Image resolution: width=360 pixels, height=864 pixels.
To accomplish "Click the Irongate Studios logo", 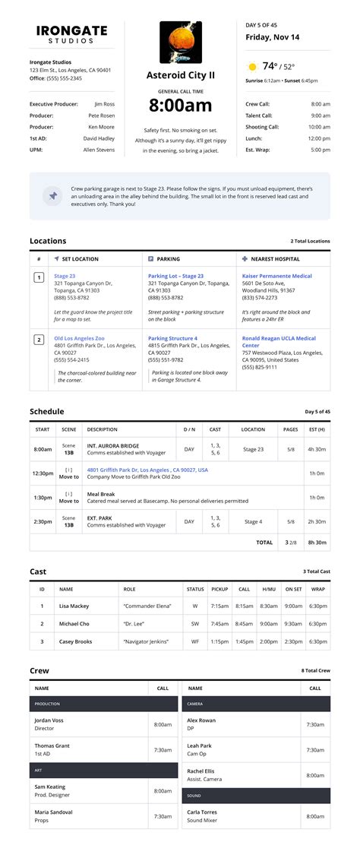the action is click(x=71, y=34).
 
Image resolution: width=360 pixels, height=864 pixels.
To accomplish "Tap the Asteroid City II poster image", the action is click(x=180, y=43).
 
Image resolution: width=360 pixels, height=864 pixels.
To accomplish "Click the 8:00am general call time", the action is click(x=180, y=105).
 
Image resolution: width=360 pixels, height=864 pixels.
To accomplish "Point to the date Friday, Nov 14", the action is click(x=273, y=36).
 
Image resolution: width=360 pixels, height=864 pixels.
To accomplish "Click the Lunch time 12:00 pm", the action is click(x=319, y=138).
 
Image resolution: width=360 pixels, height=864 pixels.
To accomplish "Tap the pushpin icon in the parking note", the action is click(x=53, y=195).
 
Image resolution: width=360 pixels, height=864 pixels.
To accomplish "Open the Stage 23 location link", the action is click(x=65, y=276).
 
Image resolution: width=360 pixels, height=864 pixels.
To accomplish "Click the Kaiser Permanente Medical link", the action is click(x=276, y=276).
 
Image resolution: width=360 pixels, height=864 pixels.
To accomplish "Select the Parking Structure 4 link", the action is click(x=172, y=338).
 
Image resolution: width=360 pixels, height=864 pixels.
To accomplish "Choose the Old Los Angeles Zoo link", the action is click(x=79, y=338).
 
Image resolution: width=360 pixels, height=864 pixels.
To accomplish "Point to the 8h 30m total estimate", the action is click(x=317, y=543).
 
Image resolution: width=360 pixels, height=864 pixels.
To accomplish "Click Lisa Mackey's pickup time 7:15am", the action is click(x=219, y=606).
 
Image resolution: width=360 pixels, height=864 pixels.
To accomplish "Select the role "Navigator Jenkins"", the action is click(x=147, y=641).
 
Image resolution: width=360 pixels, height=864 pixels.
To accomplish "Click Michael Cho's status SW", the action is click(x=195, y=623).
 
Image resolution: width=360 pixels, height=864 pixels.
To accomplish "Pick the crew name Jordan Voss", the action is click(x=49, y=720).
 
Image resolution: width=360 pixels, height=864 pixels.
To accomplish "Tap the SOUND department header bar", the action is click(x=256, y=796).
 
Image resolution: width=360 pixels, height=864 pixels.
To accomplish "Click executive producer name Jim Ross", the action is click(x=105, y=103).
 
